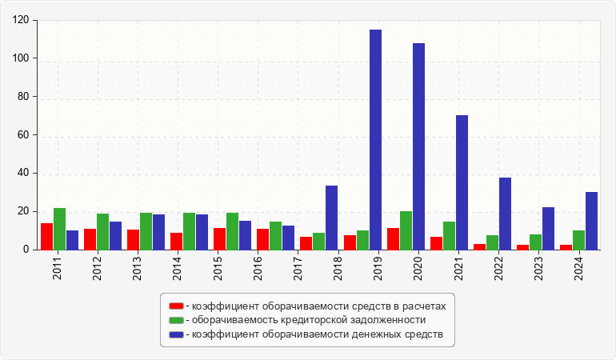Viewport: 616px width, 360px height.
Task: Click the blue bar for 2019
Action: pos(375,139)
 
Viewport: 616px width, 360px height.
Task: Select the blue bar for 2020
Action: pos(418,146)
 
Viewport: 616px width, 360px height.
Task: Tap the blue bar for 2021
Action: pos(462,182)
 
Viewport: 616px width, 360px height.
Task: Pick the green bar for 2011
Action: pos(60,229)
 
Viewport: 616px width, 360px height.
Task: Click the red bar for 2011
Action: pos(46,236)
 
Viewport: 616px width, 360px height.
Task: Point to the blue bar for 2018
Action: pos(331,218)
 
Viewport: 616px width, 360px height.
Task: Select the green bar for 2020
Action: pos(406,230)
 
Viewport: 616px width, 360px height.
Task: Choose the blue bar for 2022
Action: pos(506,214)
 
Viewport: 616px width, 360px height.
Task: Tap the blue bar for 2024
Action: pos(592,221)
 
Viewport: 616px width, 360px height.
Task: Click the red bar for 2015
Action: pos(220,238)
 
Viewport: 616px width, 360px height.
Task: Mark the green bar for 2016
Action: pos(275,235)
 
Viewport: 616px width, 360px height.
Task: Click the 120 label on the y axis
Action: pos(20,20)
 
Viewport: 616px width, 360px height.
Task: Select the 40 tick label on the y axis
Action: pos(23,173)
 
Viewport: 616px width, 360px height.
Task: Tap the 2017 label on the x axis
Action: pos(298,268)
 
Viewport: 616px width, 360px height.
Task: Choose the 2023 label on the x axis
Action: pos(538,268)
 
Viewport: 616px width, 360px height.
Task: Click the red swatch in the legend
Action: pos(176,306)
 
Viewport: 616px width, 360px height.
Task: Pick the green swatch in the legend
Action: pos(176,320)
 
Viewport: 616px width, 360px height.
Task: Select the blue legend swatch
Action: pos(176,334)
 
